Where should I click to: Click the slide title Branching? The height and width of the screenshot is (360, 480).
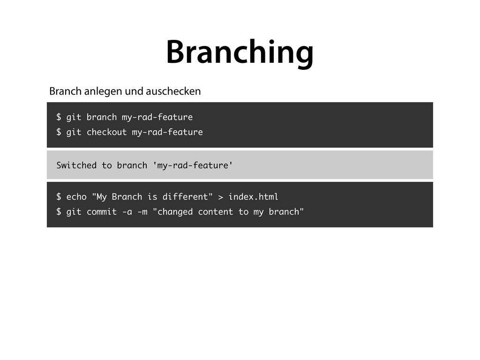[x=240, y=52]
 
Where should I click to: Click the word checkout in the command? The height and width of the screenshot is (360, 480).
[x=106, y=132]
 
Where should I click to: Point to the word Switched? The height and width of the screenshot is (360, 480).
[x=76, y=165]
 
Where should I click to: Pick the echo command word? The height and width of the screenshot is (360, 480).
[x=76, y=196]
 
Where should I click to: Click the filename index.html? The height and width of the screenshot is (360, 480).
[x=253, y=196]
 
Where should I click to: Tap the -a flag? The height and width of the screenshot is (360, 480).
[x=127, y=212]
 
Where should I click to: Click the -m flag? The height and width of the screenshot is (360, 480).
[x=142, y=212]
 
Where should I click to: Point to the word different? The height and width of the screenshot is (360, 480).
[x=185, y=196]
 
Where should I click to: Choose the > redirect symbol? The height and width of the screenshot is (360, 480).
[x=221, y=196]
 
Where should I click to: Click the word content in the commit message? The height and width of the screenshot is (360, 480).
[x=215, y=212]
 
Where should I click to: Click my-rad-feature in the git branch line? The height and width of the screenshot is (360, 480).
[x=157, y=117]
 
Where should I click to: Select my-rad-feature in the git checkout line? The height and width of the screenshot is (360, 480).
[x=167, y=132]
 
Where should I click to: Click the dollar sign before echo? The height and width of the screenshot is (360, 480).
[x=59, y=196]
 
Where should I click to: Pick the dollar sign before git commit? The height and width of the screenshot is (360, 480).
[x=59, y=212]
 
